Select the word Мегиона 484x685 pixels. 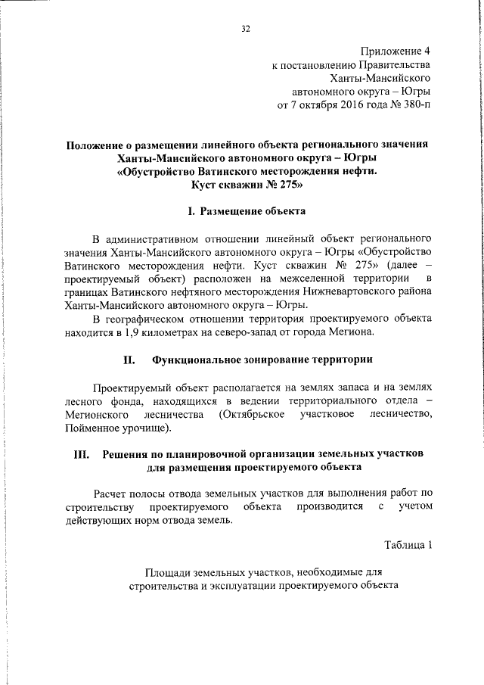tap(350, 331)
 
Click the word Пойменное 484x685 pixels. tap(92, 429)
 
